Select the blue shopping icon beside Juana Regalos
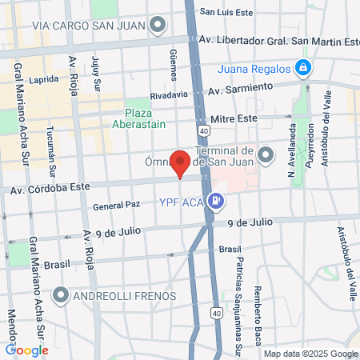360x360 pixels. click(302, 69)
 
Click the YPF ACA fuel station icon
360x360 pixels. click(216, 201)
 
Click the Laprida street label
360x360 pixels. click(43, 80)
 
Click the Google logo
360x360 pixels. click(27, 350)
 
